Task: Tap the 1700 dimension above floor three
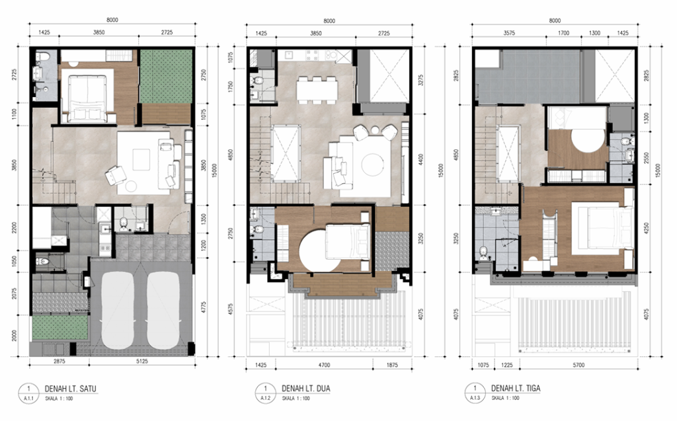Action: [x=564, y=32]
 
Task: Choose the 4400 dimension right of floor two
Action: [x=420, y=159]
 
